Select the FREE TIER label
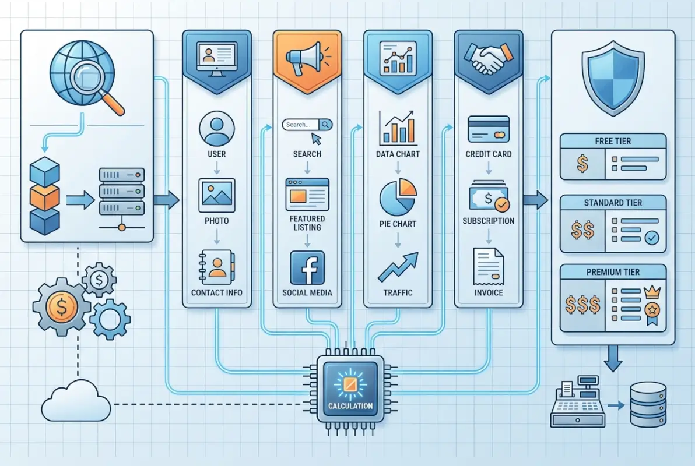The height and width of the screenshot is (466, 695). click(612, 141)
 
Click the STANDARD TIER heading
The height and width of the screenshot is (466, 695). click(612, 203)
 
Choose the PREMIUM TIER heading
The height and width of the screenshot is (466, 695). click(612, 272)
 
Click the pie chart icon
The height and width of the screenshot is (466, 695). click(398, 196)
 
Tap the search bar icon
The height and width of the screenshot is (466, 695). click(307, 125)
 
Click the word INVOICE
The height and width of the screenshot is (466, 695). click(489, 292)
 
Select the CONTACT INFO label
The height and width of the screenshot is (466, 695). click(216, 292)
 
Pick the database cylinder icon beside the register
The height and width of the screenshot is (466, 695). click(648, 404)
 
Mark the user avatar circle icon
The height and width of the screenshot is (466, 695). click(216, 129)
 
